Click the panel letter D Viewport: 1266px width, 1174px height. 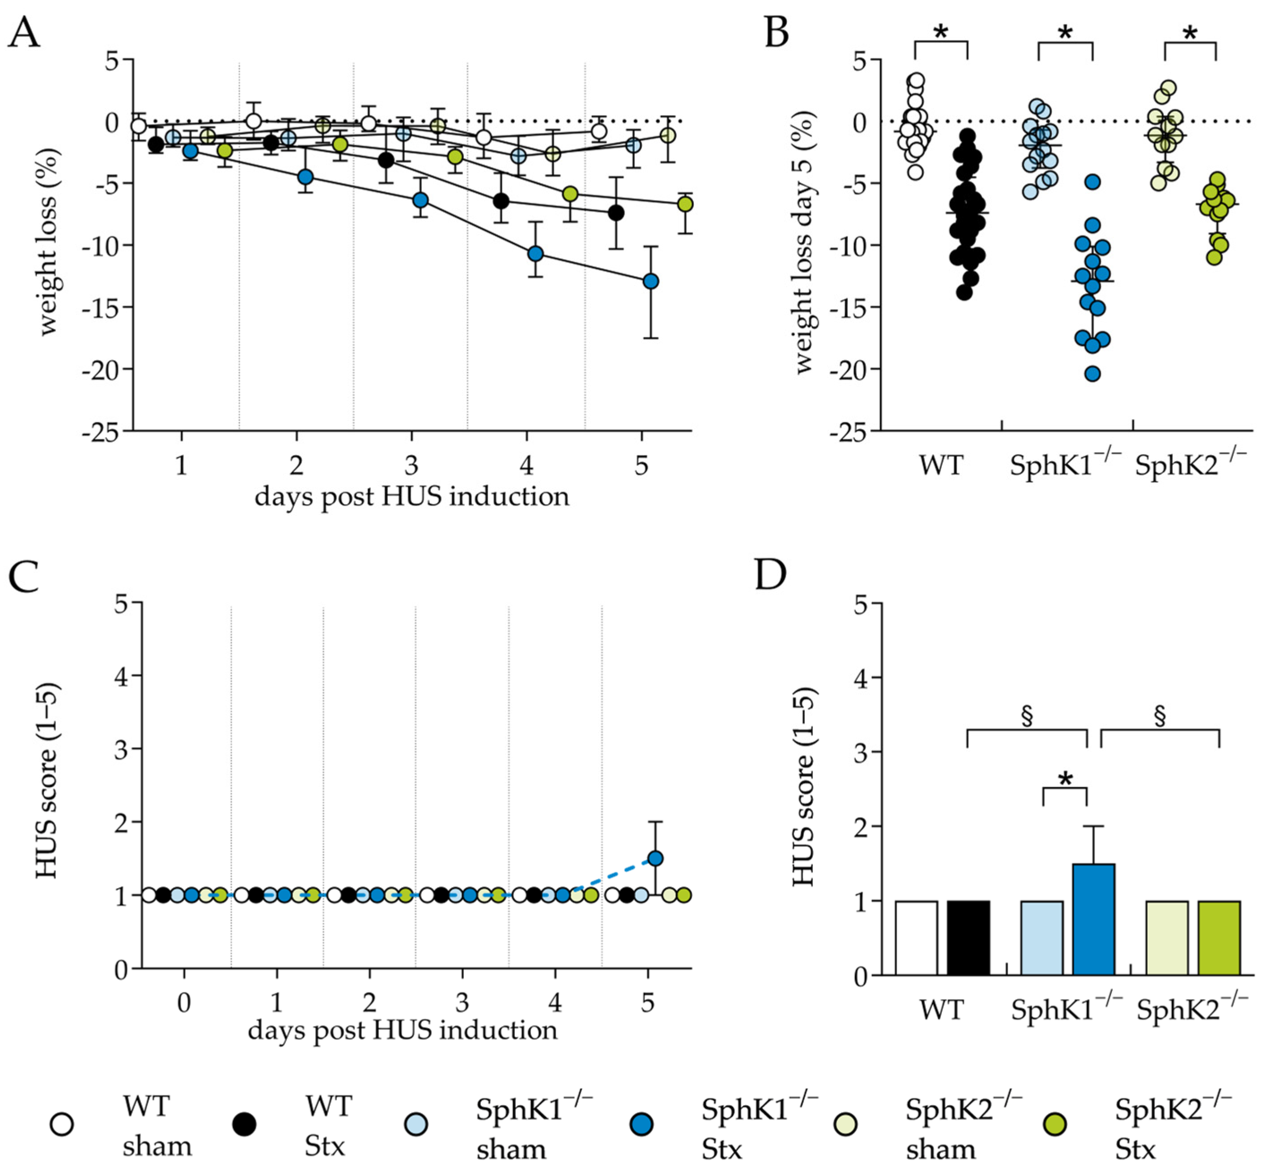tap(770, 573)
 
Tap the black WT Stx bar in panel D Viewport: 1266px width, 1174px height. tap(968, 938)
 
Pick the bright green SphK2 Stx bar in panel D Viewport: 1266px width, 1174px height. tap(1219, 938)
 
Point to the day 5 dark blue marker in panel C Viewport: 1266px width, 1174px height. tap(655, 858)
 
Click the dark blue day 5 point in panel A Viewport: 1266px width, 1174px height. tap(650, 281)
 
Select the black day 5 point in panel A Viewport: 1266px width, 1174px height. tap(615, 213)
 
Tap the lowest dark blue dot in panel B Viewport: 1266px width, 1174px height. tap(1092, 374)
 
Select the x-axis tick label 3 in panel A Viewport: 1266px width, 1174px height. tap(411, 466)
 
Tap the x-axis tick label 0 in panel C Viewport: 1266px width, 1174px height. tap(183, 1003)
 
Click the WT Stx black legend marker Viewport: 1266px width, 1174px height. tap(244, 1124)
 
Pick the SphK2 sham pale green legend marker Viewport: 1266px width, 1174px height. tap(845, 1124)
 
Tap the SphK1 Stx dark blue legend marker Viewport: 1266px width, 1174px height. tap(641, 1124)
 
